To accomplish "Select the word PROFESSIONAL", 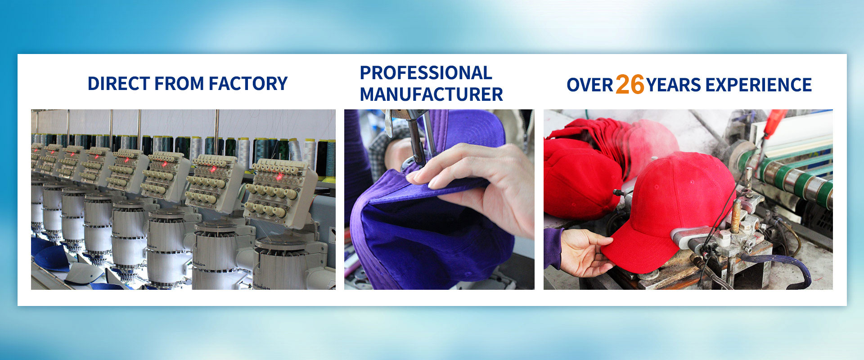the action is click(x=426, y=73).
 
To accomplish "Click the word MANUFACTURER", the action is click(x=431, y=94).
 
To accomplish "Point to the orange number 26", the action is click(x=630, y=84).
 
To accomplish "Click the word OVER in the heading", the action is click(x=589, y=85).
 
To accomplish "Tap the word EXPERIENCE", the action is click(x=759, y=85).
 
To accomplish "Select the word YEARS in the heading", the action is click(x=674, y=85).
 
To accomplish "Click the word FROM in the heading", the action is click(x=179, y=84).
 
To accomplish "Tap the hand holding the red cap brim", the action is click(x=580, y=252).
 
